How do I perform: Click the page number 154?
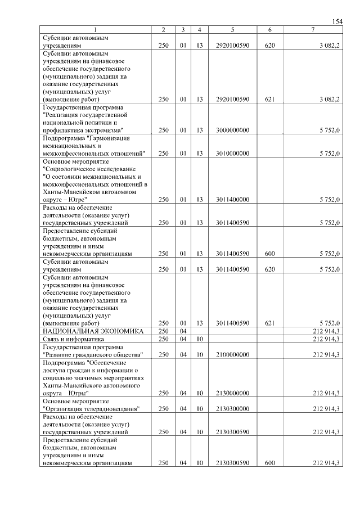tap(337, 21)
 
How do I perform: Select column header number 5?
tap(232, 29)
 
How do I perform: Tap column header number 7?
tap(313, 29)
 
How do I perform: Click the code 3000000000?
tap(232, 130)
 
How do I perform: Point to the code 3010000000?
tap(232, 153)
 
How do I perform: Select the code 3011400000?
tap(232, 199)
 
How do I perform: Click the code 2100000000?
tap(232, 354)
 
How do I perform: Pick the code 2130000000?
tap(232, 393)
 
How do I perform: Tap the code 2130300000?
tap(232, 409)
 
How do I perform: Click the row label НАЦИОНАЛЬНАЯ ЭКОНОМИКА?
tap(88, 331)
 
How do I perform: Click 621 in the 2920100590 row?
tap(269, 99)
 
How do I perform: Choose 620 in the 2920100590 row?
tap(269, 44)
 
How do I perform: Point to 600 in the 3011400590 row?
tap(269, 254)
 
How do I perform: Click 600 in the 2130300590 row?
tap(269, 463)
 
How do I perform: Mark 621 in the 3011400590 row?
tap(269, 323)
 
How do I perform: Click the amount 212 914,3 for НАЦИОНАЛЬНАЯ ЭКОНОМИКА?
tap(326, 331)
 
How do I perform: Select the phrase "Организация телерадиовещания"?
tap(91, 409)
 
